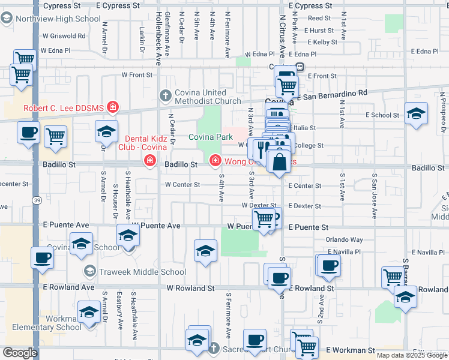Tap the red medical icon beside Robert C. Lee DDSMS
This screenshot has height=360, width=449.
click(x=112, y=108)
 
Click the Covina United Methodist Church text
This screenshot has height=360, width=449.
click(x=200, y=97)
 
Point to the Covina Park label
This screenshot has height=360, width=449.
click(x=210, y=137)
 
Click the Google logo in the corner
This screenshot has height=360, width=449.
click(x=20, y=353)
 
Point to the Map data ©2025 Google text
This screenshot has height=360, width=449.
click(x=411, y=355)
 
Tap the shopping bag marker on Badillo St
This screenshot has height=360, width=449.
click(x=279, y=162)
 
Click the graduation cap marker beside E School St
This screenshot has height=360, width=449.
click(x=416, y=113)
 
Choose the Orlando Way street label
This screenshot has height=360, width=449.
click(x=344, y=239)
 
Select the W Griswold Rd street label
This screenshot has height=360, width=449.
click(x=63, y=35)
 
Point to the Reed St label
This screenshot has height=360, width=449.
click(x=319, y=19)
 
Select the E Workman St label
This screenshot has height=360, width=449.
click(x=350, y=350)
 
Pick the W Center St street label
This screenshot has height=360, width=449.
click(x=182, y=185)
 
